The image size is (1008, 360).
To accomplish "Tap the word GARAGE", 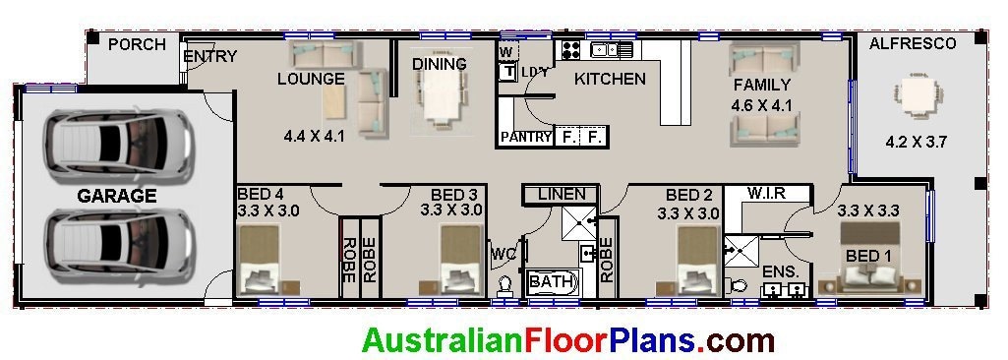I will pos(117,197).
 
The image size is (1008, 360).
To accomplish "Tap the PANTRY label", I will pos(526,138).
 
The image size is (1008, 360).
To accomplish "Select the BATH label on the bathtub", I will pos(551,282).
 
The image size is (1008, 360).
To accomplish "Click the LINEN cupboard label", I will pos(562,195).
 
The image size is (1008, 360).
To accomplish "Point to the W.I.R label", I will pos(766,193).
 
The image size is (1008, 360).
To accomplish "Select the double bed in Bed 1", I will pos(871,258).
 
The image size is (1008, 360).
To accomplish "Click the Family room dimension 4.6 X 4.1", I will pos(762,105).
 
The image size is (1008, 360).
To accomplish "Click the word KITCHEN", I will pos(610,79).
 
